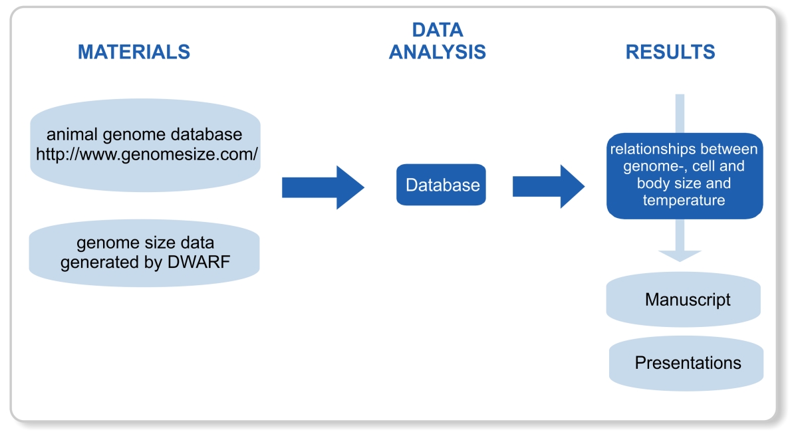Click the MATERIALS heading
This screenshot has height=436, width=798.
(x=134, y=52)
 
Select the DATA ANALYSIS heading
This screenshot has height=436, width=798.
(x=437, y=41)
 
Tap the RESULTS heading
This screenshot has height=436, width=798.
(x=670, y=52)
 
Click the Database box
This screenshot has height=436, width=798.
(x=442, y=185)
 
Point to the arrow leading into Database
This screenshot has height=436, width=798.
(x=323, y=187)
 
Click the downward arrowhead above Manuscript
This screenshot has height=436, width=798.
(x=680, y=256)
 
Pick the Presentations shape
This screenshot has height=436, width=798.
(x=686, y=363)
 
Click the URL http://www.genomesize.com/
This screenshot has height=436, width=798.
(x=147, y=154)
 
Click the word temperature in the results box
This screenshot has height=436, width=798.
(x=684, y=199)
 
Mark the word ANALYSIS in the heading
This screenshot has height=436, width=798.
(x=437, y=52)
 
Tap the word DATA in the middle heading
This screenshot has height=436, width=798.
(x=437, y=30)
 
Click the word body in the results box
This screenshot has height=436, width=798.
(x=652, y=183)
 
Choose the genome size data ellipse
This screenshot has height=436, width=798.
(x=144, y=253)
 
